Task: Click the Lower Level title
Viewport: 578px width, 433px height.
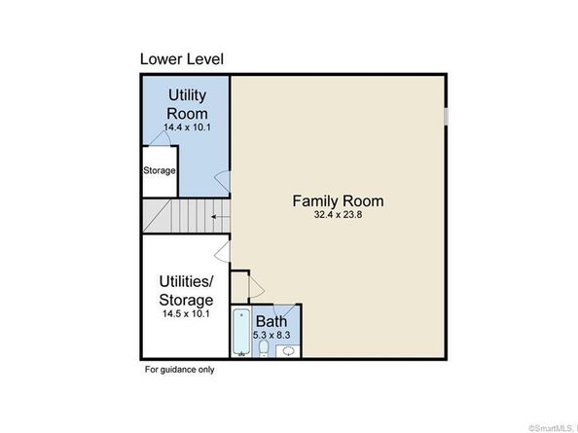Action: tap(182, 59)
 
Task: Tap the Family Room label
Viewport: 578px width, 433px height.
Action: tap(338, 201)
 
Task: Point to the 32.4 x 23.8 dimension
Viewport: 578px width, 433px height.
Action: tap(338, 214)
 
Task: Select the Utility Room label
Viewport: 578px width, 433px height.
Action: tap(187, 104)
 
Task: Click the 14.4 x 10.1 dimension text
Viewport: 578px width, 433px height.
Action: tap(187, 127)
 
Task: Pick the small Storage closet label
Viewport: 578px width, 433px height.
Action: tap(160, 170)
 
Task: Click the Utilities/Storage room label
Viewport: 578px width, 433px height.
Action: tap(186, 291)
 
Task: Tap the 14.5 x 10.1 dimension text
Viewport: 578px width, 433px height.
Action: tap(186, 314)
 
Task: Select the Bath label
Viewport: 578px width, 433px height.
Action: tap(271, 321)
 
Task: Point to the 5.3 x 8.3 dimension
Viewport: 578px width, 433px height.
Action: tap(271, 336)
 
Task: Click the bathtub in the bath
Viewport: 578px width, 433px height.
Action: tap(241, 333)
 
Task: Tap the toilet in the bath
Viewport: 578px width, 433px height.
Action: tap(264, 348)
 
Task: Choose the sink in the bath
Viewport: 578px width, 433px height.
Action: tap(288, 351)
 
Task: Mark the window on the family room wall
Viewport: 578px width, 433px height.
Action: tap(446, 117)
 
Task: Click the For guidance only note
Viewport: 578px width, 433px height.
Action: tap(179, 370)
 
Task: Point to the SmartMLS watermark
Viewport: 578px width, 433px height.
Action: tap(551, 428)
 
